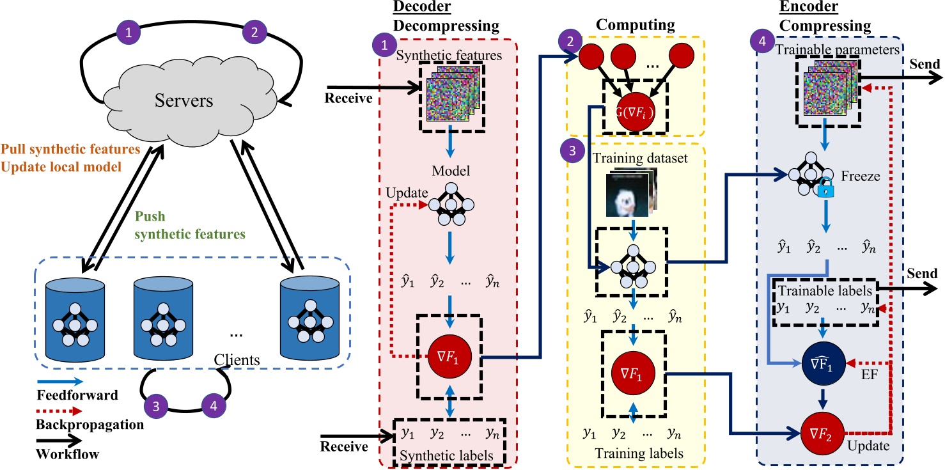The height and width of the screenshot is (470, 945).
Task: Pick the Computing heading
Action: coord(636,25)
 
